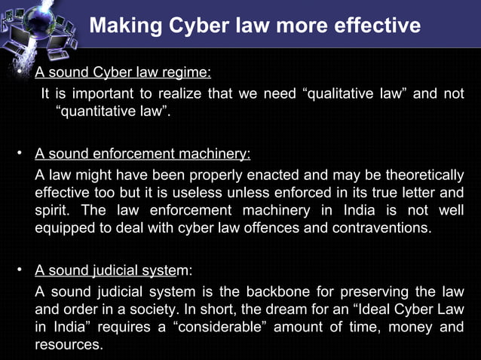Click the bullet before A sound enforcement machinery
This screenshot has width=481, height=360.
click(21, 154)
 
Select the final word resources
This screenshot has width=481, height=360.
click(68, 345)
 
